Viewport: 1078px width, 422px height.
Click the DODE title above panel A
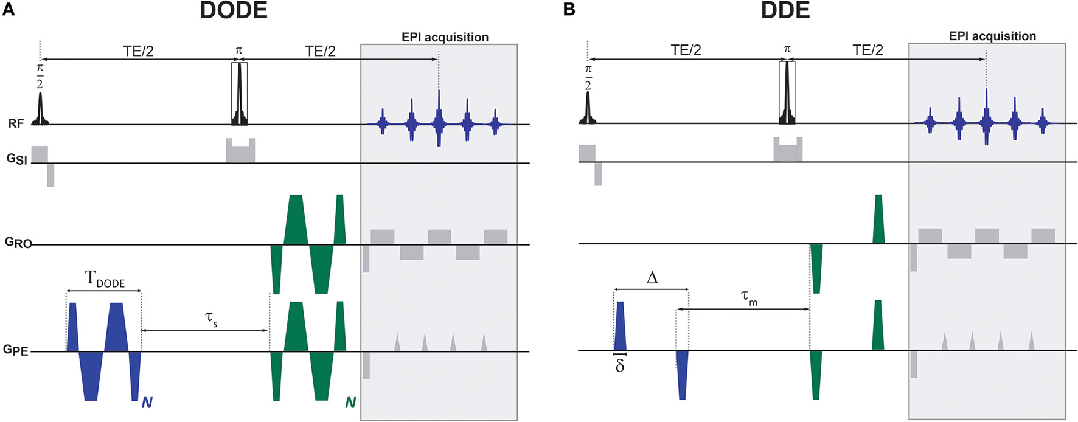pos(234,10)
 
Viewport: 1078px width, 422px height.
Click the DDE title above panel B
pos(785,10)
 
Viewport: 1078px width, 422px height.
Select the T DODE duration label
pos(105,280)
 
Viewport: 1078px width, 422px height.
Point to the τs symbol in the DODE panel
pos(211,320)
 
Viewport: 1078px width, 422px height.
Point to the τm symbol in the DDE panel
pos(749,297)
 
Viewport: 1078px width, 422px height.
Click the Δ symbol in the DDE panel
pos(652,278)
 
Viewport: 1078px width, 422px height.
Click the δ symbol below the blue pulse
pos(620,366)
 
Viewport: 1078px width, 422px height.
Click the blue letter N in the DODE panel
pos(147,403)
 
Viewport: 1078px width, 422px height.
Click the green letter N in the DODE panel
pos(350,403)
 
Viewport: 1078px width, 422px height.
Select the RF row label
pos(16,124)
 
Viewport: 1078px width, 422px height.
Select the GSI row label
pos(16,161)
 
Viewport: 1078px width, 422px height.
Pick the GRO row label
pos(17,243)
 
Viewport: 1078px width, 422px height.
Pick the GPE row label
pos(16,350)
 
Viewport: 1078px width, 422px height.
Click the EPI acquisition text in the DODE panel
pos(445,37)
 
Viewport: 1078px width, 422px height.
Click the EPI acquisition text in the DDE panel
pos(992,36)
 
